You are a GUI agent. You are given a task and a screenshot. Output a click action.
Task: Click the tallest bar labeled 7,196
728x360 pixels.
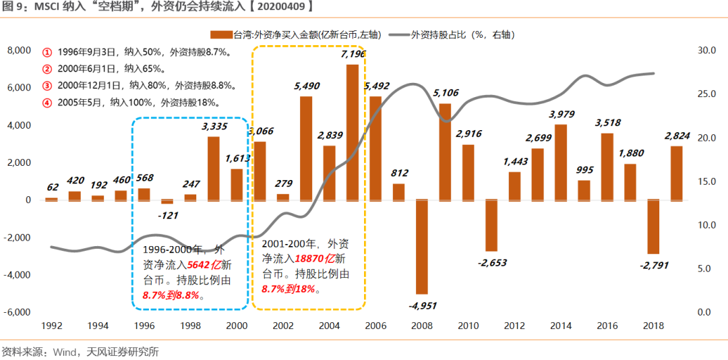click(352, 131)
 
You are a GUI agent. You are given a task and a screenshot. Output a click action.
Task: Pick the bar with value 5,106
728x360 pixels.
click(445, 151)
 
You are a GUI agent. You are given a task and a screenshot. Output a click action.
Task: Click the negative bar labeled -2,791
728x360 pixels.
click(653, 226)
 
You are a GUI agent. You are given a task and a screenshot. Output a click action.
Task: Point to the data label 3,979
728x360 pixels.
click(561, 114)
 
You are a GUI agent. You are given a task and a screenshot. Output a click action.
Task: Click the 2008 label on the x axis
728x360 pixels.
click(422, 326)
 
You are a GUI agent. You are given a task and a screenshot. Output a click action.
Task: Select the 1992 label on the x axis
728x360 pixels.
click(52, 326)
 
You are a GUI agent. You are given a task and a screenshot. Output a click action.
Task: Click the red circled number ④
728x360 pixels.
click(47, 103)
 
